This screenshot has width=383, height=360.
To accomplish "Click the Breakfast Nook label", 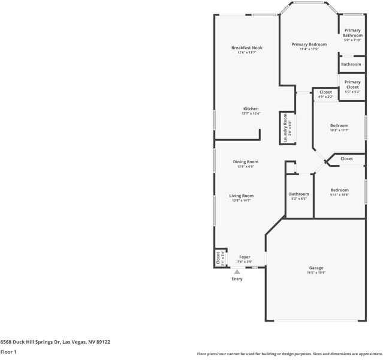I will pos(247,48).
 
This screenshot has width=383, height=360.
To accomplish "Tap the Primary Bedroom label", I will pos(309,44).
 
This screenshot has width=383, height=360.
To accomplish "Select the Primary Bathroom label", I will pos(352,33).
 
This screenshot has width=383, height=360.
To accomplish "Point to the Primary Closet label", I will pos(352,85).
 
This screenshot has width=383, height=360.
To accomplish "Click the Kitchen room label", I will pos(251,109).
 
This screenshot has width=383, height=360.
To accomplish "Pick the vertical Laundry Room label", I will pos(286,128).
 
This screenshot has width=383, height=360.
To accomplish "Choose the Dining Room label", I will pos(245,161).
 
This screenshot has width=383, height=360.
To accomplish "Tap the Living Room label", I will pos(242,196).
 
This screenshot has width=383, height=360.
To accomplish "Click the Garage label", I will pos(316,268).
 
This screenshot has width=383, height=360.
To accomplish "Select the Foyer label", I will pos(245,257).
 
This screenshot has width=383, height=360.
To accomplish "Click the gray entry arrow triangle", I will pos(237,272).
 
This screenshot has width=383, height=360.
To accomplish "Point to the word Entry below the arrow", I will pos(237,279).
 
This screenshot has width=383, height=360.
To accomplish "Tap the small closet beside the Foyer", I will pos(218,258).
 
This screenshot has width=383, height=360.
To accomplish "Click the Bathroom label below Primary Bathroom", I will pos(351,64).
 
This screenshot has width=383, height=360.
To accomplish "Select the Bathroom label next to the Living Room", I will pos(298,194).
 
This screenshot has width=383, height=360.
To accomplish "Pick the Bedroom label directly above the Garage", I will pos(339,190).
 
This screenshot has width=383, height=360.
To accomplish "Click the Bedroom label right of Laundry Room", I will pos(339,125).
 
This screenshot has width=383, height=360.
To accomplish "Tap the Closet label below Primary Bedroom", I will pos(325,92).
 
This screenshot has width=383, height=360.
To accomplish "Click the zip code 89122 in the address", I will pos(102,341).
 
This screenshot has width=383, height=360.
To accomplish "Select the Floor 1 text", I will pos(8,352).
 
